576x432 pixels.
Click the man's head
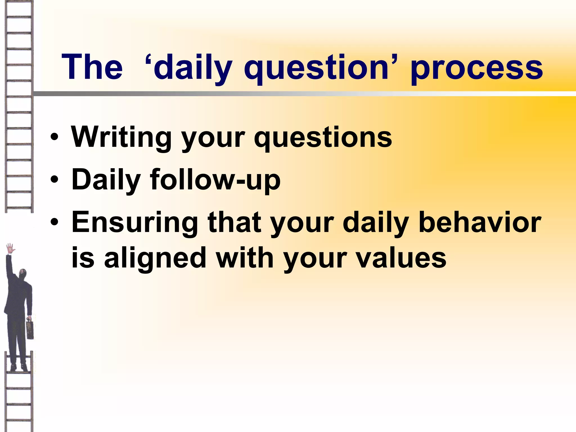(x=22, y=274)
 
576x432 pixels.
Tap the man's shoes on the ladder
(x=19, y=367)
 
